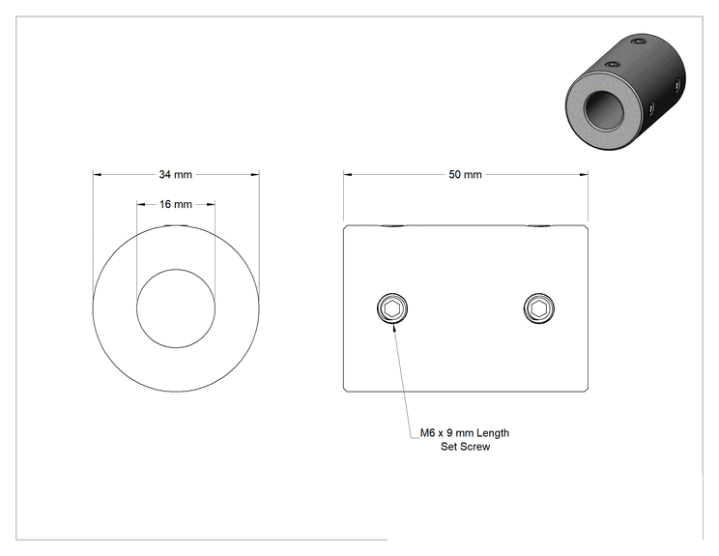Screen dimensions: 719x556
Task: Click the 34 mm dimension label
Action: [x=175, y=174]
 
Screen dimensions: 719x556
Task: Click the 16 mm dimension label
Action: [x=176, y=204]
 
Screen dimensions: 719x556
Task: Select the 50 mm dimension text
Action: [x=465, y=174]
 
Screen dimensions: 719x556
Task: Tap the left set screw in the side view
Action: [x=392, y=308]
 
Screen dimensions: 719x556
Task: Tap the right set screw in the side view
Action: [x=539, y=308]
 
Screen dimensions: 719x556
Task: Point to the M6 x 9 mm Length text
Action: [x=465, y=432]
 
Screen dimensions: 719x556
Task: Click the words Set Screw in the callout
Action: [x=465, y=447]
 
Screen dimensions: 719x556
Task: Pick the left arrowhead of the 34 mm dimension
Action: [x=97, y=174]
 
